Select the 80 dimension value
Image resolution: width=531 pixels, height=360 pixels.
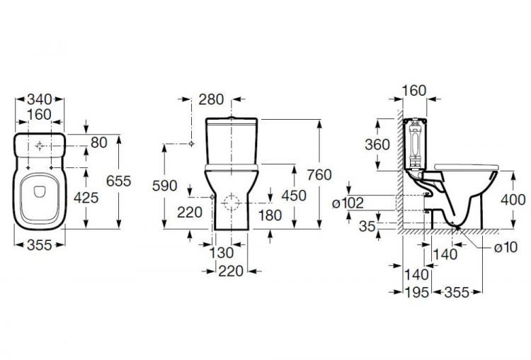[x=98, y=143]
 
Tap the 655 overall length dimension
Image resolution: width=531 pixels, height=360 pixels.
[x=118, y=181]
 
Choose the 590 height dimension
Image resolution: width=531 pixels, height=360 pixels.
[x=164, y=186]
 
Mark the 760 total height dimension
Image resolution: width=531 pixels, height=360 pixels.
[x=320, y=175]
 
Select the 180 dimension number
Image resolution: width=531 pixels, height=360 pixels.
[x=270, y=215]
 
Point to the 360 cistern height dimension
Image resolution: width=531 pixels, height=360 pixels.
[x=377, y=144]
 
